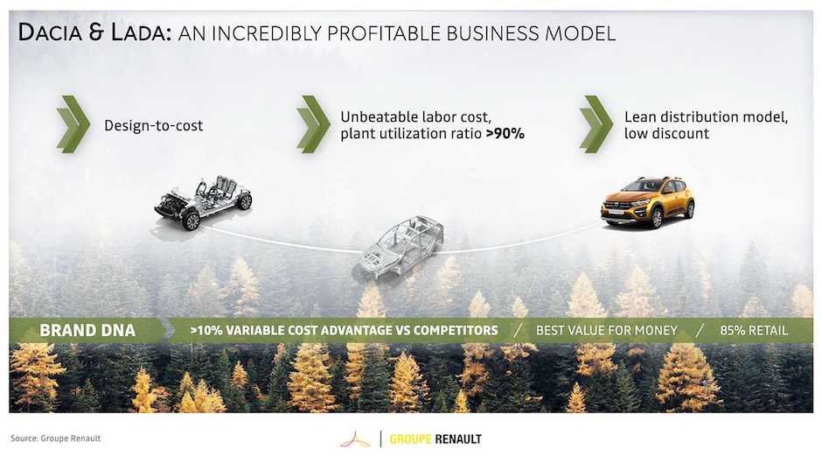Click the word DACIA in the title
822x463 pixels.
51,32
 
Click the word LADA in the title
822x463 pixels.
141,32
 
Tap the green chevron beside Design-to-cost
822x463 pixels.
73,124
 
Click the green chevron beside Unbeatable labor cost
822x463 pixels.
313,124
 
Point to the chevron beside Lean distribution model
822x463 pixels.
596,124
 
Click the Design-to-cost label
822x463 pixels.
154,125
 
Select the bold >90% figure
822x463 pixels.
505,133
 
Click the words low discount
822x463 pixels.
666,133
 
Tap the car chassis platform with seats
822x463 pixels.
204,202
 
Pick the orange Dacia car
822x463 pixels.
647,202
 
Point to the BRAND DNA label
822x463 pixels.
87,330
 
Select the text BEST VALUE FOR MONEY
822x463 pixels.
607,331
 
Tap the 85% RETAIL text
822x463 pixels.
754,331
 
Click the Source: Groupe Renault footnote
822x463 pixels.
56,438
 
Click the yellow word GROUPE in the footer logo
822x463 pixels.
410,439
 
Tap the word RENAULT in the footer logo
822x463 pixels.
458,439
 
